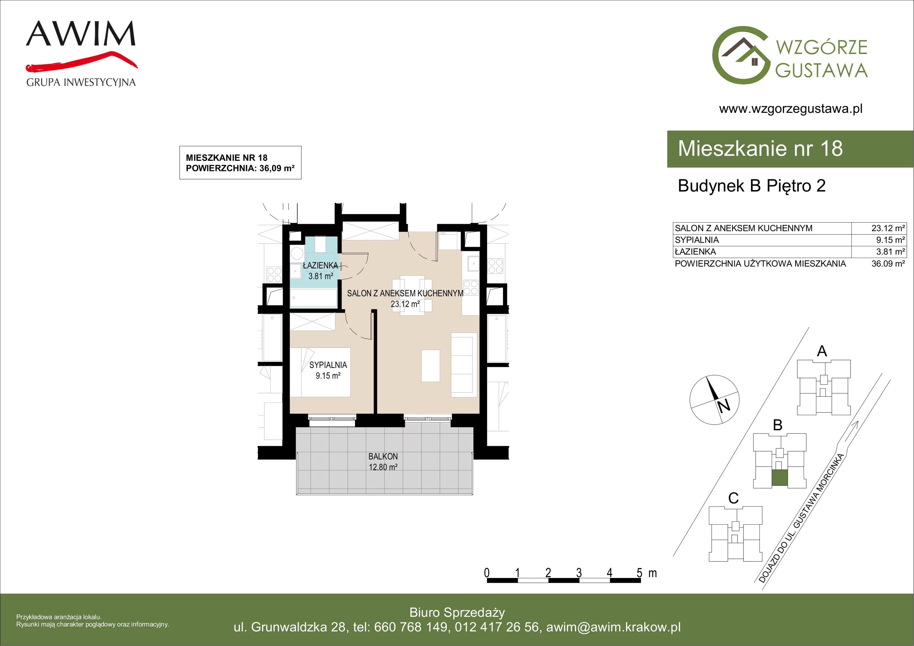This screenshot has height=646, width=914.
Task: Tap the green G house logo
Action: point(741,55)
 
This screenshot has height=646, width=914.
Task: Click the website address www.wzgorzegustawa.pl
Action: point(791,109)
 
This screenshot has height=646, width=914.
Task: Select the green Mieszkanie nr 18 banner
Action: point(790,149)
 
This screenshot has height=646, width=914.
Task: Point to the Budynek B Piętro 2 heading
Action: point(751,186)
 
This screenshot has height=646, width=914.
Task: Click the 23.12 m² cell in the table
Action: point(888,228)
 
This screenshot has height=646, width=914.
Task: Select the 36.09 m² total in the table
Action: point(888,264)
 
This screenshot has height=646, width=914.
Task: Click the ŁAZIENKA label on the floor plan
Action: point(320,265)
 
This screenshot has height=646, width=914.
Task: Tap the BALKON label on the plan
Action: point(383,456)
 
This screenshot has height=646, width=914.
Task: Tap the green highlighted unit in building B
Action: point(779,478)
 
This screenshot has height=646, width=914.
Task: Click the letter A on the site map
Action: point(822,351)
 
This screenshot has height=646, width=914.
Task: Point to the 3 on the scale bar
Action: point(579,573)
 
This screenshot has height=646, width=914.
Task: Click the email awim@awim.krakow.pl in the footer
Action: point(614,627)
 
